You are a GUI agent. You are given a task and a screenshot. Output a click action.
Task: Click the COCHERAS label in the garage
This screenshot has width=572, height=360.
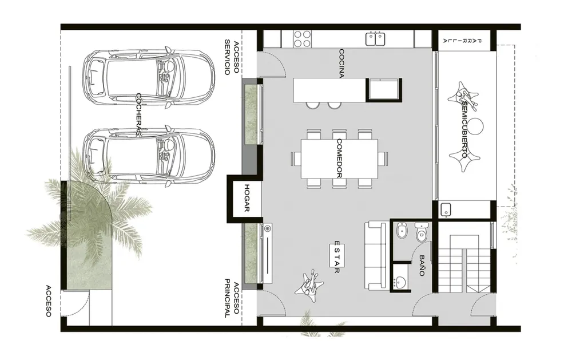point(138,114)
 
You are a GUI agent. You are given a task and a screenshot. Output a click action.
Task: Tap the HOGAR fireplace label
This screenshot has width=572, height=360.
point(247,198)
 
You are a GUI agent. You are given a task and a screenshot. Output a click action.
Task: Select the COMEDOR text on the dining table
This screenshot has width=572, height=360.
point(339,158)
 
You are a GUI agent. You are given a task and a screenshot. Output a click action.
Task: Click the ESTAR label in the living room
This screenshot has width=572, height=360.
point(337,257)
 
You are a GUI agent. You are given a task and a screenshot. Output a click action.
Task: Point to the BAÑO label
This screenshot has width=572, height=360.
point(422,266)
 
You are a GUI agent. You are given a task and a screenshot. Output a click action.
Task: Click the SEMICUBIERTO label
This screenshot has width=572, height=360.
point(464,129)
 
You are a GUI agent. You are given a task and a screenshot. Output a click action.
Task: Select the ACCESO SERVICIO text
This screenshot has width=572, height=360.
point(232,57)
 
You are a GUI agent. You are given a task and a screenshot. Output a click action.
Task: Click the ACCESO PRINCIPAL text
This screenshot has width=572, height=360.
point(232,298)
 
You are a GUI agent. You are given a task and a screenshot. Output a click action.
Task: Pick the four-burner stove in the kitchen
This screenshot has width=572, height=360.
point(303,39)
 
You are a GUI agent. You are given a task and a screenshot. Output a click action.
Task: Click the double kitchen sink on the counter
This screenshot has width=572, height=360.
point(375,39)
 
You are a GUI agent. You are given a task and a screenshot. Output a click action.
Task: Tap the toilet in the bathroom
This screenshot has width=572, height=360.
point(422,232)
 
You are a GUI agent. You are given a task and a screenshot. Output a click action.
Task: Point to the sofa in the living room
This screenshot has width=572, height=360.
point(376,255)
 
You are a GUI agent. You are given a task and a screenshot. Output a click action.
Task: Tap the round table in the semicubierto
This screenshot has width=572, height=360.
point(476,126)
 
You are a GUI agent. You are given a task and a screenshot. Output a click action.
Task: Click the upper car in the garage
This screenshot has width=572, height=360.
point(148,77)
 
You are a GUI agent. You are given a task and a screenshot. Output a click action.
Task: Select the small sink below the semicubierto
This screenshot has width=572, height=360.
point(446,209)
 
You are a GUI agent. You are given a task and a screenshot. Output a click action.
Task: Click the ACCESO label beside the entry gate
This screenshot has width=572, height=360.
point(49,301)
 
